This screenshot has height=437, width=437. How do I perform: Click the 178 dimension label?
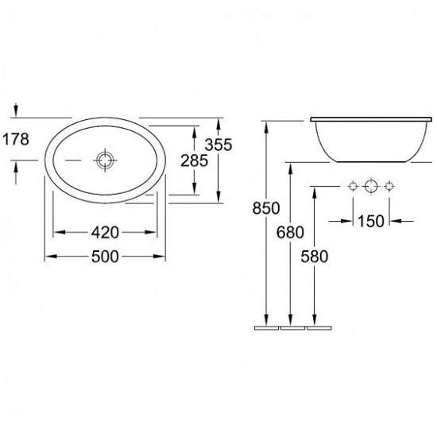pos(16,139)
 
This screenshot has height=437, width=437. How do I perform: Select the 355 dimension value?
pos(218,145)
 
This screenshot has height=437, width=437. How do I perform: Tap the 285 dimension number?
pos(194,160)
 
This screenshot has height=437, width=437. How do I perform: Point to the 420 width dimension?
pos(105,232)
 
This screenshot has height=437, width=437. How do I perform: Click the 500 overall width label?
pos(105,257)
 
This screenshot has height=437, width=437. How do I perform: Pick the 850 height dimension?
pos(266,208)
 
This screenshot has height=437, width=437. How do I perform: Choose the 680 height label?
pos(290,232)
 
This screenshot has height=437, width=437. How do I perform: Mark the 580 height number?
pos(315,257)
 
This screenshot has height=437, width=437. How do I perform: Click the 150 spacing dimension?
pos(371,222)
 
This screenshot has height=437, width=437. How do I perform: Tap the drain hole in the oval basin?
pos(105,160)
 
